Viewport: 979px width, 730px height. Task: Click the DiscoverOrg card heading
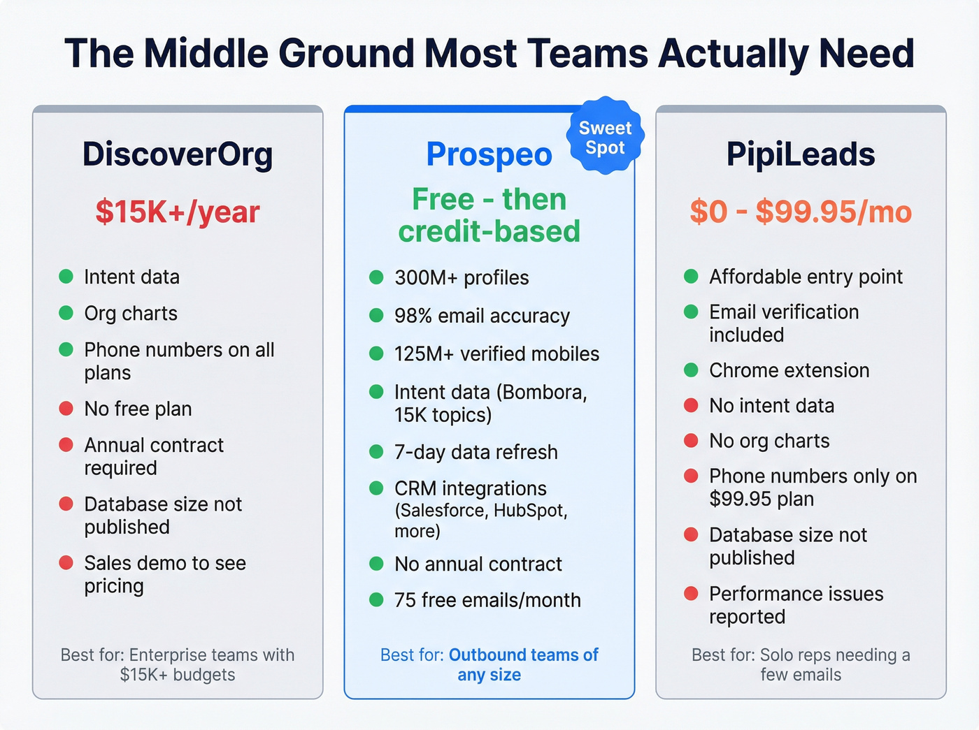(178, 154)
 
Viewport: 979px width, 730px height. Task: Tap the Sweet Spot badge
(605, 138)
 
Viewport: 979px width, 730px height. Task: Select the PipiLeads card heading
(801, 154)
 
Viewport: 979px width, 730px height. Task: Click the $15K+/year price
(178, 212)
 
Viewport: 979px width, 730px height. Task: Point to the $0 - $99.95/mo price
(801, 212)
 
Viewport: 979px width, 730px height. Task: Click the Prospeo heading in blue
(489, 155)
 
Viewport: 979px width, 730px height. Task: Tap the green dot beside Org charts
(66, 312)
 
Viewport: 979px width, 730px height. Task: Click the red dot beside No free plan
(66, 408)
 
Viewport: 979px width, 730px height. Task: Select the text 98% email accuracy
(482, 316)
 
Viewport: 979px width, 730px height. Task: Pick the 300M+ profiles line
(462, 277)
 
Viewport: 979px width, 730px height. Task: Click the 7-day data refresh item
(476, 452)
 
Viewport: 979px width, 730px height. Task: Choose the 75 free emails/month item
(487, 600)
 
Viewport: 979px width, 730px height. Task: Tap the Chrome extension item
(789, 370)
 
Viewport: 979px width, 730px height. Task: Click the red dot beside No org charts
(691, 440)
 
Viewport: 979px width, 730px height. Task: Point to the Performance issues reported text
(796, 605)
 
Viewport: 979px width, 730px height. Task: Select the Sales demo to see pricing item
(165, 574)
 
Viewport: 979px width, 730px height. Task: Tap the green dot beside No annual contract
(376, 563)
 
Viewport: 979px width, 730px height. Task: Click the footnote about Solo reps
(801, 664)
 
